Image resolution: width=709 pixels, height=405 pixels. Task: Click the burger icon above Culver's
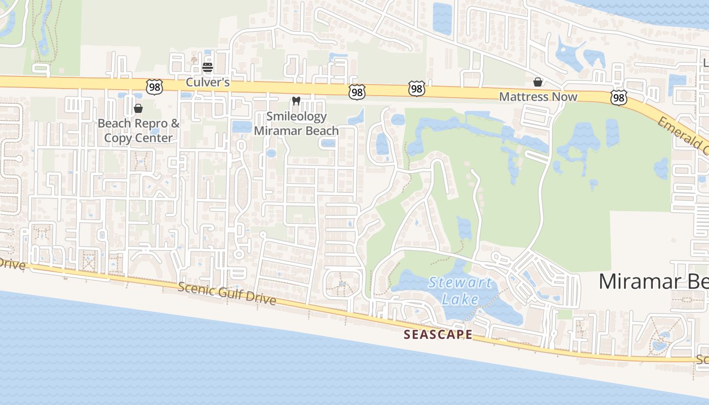click(208, 67)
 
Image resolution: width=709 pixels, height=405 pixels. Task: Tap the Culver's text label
click(208, 82)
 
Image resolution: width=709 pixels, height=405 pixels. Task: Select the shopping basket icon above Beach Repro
click(138, 108)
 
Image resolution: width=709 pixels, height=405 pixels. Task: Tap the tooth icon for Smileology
click(297, 101)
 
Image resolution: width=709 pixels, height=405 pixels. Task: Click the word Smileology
click(297, 116)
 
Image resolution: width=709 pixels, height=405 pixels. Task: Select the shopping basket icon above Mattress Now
click(538, 82)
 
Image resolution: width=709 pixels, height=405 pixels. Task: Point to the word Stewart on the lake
click(460, 282)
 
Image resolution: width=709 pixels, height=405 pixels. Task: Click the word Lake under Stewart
click(460, 299)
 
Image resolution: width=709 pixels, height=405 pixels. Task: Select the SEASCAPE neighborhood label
click(438, 334)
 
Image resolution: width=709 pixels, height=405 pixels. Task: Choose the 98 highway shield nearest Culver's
click(154, 87)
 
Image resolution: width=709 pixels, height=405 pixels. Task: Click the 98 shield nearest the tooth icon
click(357, 92)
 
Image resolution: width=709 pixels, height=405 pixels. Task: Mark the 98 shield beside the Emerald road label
click(618, 97)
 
